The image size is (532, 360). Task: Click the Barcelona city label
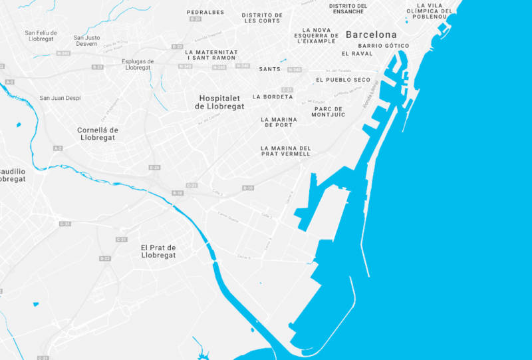click(x=370, y=35)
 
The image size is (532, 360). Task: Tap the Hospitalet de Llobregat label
click(x=221, y=102)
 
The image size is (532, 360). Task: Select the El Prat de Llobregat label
click(x=158, y=251)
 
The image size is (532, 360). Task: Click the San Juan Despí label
click(x=60, y=98)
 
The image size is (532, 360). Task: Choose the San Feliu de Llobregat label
click(x=41, y=36)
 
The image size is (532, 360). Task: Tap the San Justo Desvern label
click(x=86, y=41)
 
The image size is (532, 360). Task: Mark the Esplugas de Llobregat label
click(x=138, y=64)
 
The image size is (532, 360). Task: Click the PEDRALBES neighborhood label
click(x=205, y=12)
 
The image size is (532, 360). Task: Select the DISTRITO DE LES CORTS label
click(x=261, y=17)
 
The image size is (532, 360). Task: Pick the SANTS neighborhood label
click(x=269, y=69)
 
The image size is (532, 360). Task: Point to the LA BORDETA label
click(x=273, y=96)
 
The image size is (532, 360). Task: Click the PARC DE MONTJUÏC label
click(x=329, y=112)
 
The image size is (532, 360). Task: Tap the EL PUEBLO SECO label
click(x=343, y=80)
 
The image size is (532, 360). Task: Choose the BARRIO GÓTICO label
click(x=383, y=46)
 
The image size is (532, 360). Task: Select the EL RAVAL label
click(x=357, y=54)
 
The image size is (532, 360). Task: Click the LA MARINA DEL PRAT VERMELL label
click(x=285, y=151)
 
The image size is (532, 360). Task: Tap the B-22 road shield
click(x=104, y=258)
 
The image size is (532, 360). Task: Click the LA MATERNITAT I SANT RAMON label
click(x=211, y=55)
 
